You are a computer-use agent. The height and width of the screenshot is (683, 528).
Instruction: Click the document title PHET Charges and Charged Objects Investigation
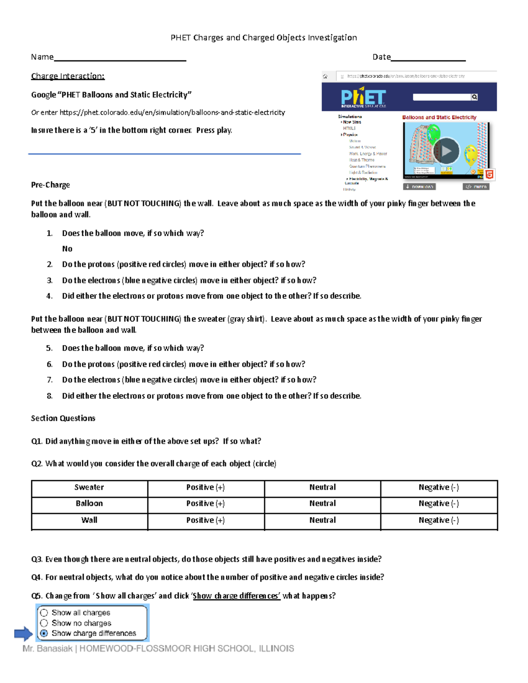tap(264, 38)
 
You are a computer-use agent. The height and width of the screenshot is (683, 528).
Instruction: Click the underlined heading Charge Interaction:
tap(68, 77)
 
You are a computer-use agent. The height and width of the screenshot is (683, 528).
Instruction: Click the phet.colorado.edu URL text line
tap(158, 113)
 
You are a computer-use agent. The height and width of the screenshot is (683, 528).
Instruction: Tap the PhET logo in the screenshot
tap(363, 97)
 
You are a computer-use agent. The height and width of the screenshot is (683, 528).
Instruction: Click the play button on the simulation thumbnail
tap(446, 151)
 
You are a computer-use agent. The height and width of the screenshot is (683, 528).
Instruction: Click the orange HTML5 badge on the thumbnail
tap(489, 174)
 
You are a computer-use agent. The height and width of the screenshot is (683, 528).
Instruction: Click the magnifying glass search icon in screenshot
tap(474, 97)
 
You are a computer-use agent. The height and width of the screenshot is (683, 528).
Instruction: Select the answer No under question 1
tap(67, 249)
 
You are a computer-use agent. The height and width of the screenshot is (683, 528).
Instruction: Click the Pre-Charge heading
tap(51, 185)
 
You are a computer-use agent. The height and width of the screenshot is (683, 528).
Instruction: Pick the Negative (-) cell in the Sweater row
tap(439, 488)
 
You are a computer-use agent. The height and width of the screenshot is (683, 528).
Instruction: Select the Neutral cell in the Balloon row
tap(322, 504)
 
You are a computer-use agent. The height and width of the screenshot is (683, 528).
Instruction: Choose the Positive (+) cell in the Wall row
tap(205, 521)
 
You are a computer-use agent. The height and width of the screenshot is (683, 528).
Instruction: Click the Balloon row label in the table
tap(89, 504)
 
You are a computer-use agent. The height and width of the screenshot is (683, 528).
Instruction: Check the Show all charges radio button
tap(44, 613)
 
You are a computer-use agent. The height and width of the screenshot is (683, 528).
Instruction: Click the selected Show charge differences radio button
tap(44, 633)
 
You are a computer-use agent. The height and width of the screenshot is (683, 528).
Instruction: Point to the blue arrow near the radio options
tap(23, 634)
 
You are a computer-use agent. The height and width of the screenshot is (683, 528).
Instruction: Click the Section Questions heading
tap(63, 419)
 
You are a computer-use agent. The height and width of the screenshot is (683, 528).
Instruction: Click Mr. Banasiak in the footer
tap(48, 649)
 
